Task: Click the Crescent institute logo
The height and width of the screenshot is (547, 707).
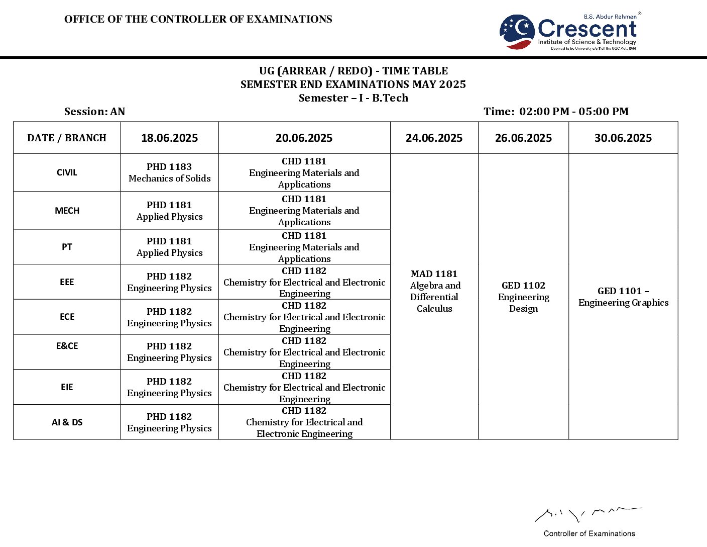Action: (x=569, y=31)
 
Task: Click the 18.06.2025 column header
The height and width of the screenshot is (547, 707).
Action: (x=169, y=138)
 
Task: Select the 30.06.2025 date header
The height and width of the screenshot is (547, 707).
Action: (x=623, y=138)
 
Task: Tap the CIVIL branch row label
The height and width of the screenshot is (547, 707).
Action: (x=67, y=172)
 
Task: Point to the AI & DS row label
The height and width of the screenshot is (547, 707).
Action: (x=67, y=422)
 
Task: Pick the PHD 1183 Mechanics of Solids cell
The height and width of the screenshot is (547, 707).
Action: (x=169, y=172)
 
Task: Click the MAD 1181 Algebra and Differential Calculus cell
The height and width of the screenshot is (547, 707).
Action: (x=434, y=291)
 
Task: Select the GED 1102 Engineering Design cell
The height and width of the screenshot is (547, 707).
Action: (x=523, y=297)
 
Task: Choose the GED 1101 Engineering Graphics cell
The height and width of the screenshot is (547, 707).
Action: (x=623, y=297)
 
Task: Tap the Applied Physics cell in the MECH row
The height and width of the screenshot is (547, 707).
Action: (x=169, y=211)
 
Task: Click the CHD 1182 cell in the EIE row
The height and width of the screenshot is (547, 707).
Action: (x=304, y=387)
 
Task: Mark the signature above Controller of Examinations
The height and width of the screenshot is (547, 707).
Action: (x=587, y=514)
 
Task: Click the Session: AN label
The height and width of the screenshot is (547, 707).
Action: (x=94, y=112)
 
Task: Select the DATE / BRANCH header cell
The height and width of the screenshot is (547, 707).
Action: (x=67, y=138)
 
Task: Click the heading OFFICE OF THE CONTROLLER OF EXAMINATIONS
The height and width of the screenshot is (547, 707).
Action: (x=198, y=19)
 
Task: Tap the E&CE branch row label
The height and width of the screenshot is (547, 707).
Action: (x=67, y=346)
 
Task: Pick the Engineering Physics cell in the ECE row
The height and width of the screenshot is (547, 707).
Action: (x=169, y=317)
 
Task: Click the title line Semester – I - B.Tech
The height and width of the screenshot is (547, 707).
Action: (x=353, y=98)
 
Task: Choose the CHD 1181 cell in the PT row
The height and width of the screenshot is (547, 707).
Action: (x=304, y=247)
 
